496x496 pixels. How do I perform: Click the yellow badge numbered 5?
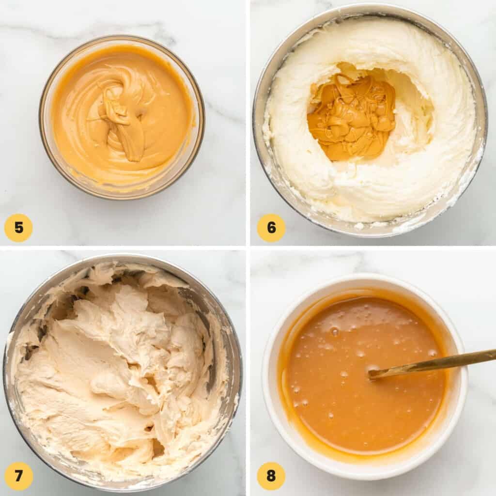(18, 228)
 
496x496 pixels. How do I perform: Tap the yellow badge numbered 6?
(271, 228)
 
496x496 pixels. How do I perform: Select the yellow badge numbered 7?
(18, 476)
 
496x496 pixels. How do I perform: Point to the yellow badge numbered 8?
(271, 476)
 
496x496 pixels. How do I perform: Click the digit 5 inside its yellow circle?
(18, 228)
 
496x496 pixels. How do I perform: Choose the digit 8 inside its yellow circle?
(271, 476)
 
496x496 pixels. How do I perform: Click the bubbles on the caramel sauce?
(334, 332)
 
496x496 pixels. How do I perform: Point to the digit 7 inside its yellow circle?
(18, 476)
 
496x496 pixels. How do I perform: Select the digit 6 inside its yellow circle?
(271, 228)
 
